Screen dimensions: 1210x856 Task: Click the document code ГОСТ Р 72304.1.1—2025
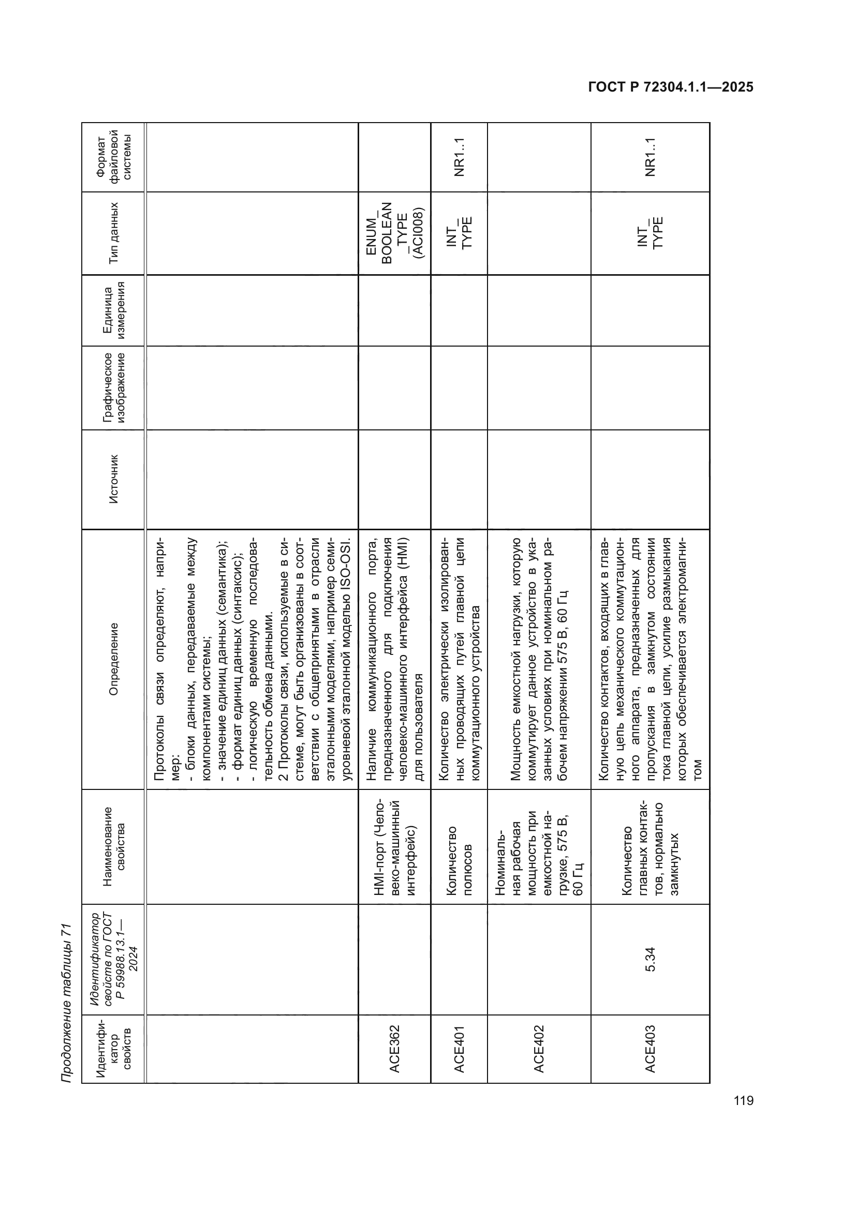[670, 87]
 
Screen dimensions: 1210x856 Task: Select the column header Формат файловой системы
[113, 158]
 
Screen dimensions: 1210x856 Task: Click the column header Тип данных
[113, 233]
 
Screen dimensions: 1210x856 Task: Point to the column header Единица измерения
[113, 310]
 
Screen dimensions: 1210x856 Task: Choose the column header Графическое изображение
[113, 387]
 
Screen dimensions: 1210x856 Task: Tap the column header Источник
[113, 479]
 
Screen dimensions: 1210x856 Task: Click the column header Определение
[113, 659]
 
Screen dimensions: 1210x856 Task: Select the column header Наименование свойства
[113, 846]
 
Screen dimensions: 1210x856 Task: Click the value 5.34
[650, 959]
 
